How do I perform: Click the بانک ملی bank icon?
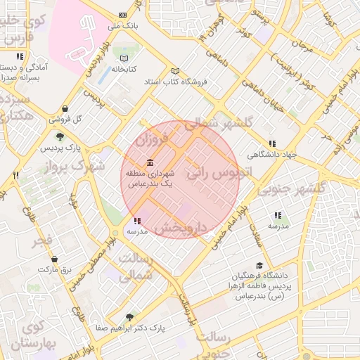click(124, 15)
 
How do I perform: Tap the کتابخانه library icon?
click(124, 58)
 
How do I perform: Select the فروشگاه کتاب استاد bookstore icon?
click(175, 71)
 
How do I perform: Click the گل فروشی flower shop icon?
click(65, 108)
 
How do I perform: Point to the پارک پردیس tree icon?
click(60, 136)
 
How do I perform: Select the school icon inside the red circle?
click(136, 221)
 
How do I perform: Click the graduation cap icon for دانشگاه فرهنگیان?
click(259, 266)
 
